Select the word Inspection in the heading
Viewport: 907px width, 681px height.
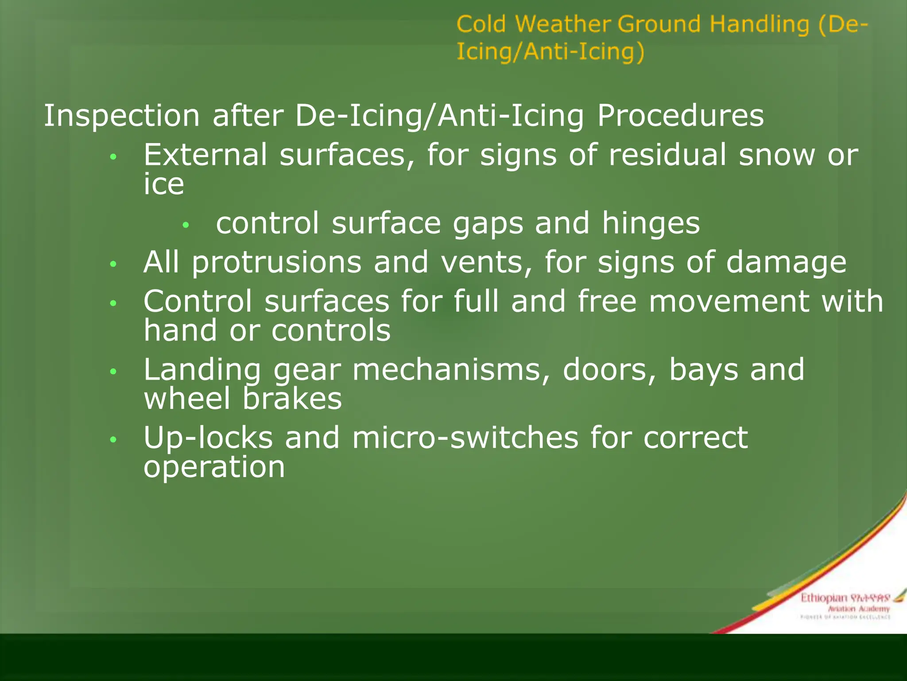121,116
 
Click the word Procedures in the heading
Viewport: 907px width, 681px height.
680,116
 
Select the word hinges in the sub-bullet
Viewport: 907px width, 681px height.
651,224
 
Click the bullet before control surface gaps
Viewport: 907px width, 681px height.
186,225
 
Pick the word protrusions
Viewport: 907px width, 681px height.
277,262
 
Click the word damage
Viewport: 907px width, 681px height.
786,262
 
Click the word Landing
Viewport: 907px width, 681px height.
202,370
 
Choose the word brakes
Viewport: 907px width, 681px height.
292,399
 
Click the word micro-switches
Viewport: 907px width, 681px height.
465,438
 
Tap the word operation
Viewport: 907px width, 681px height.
214,468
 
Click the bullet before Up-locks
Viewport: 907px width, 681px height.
113,439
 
